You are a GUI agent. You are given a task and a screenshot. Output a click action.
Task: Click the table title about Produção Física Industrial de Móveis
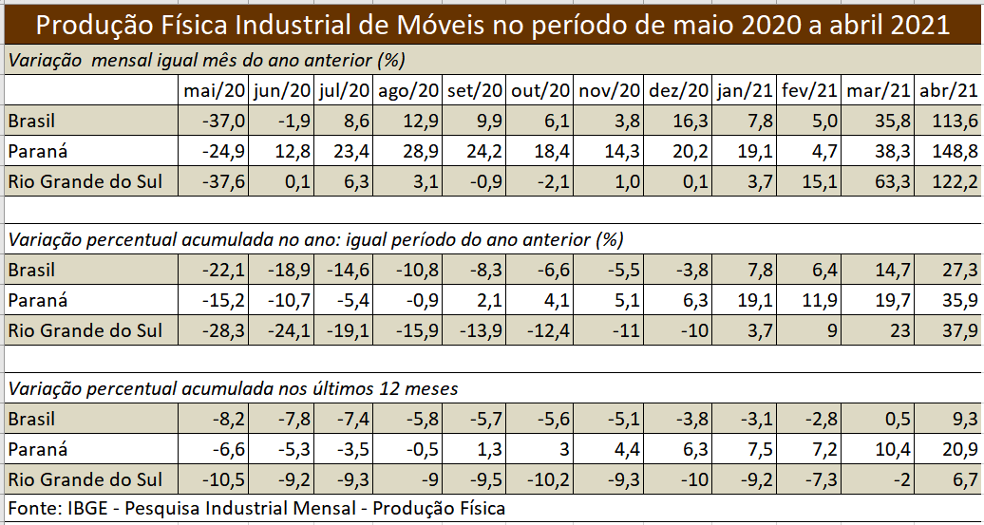(492, 24)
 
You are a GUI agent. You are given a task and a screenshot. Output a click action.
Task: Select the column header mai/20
(216, 91)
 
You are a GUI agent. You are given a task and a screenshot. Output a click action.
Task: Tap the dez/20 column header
(678, 91)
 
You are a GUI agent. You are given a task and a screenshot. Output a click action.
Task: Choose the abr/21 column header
(949, 91)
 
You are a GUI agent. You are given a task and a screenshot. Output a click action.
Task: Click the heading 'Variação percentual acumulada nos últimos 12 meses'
(233, 388)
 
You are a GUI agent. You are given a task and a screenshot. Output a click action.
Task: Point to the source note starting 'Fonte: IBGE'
(256, 509)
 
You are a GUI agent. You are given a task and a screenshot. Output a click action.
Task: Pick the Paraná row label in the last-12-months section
(37, 449)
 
